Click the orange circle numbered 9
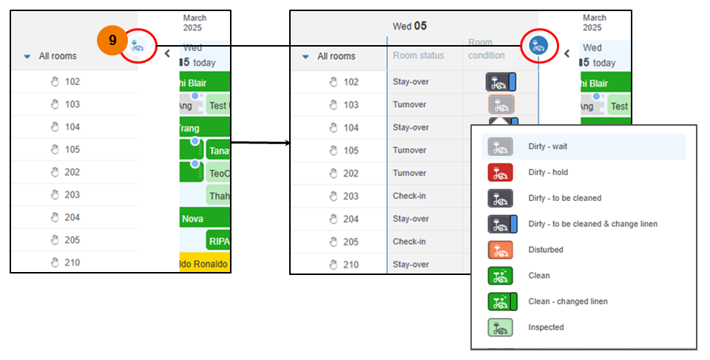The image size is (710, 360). coord(112,40)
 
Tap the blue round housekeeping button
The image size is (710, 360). coord(538,46)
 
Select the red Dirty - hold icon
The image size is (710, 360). coord(501,172)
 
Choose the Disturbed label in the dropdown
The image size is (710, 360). coord(546,250)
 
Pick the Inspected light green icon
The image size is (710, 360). coord(501,327)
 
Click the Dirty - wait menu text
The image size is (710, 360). coord(548,146)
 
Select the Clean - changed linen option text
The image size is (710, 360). coord(568,302)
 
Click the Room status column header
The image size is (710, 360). coord(419,55)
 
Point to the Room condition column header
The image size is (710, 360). coord(487,50)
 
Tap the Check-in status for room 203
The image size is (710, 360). coord(410,196)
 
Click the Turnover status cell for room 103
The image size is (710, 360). coord(410,104)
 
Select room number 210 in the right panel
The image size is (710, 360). coord(351,265)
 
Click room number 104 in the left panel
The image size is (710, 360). coord(72,127)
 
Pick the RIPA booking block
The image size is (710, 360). coord(218,241)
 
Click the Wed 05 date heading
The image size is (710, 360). coord(410,26)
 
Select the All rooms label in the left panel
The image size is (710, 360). coord(58,55)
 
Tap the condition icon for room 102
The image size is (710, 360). coord(501,81)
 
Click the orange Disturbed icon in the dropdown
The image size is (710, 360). coord(501,250)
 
